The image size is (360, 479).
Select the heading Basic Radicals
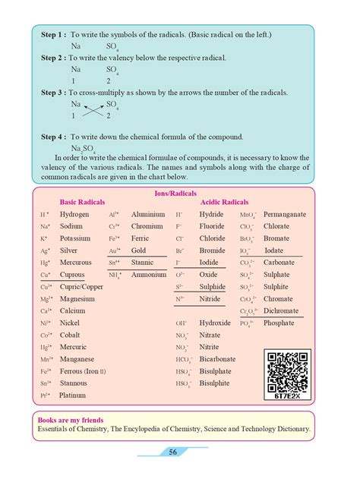click(83, 203)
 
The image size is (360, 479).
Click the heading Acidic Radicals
click(224, 203)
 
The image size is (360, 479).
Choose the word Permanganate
click(285, 215)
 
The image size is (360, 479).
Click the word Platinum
click(73, 395)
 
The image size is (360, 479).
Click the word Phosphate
click(279, 323)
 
